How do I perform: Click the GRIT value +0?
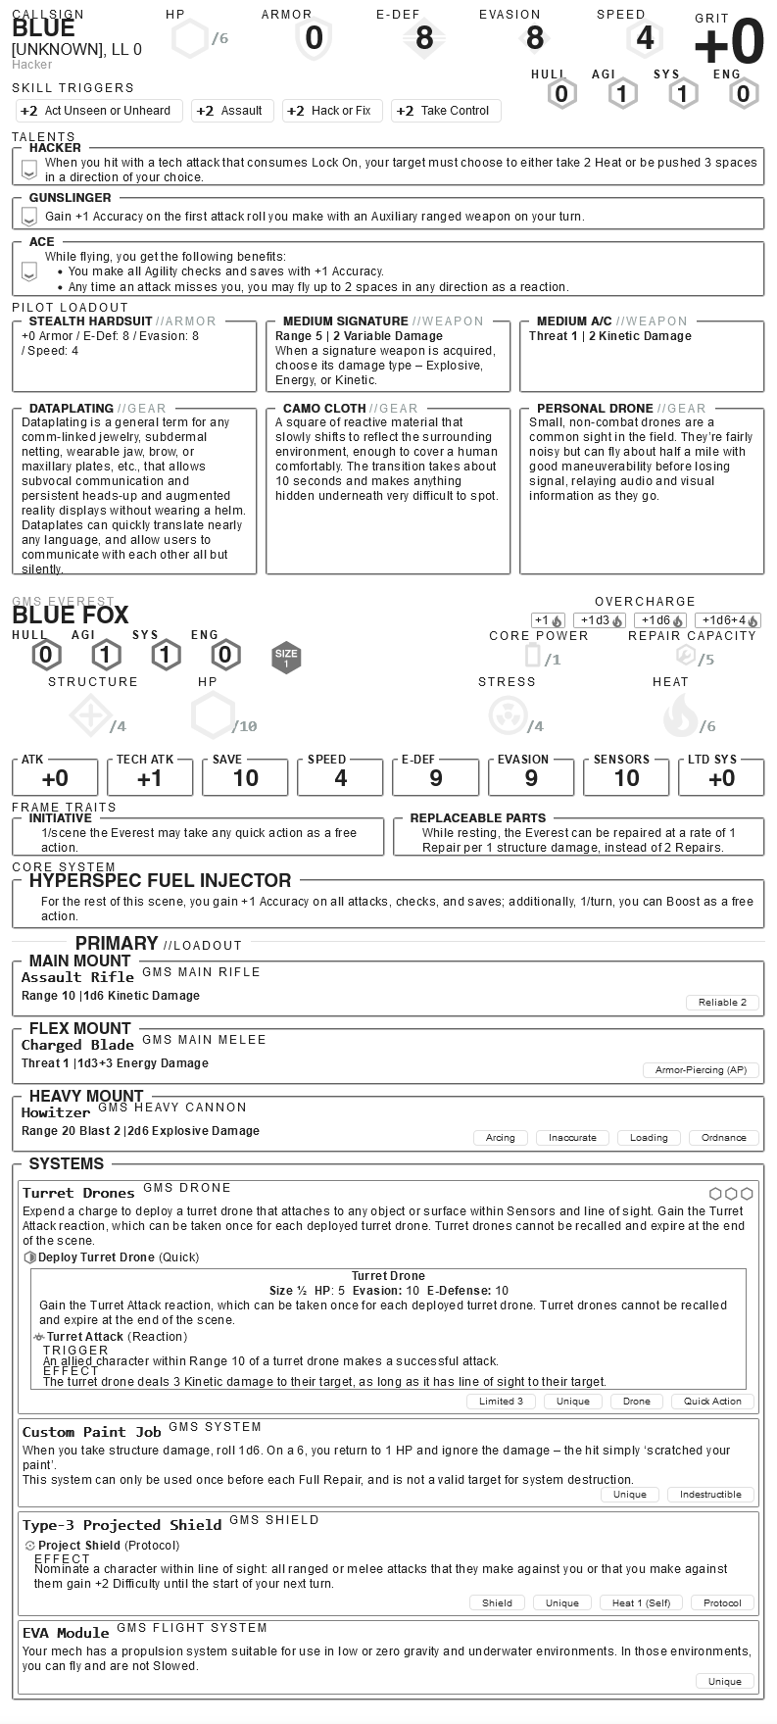pos(728,44)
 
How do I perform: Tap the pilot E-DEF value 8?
pos(424,38)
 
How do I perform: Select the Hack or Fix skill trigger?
pos(330,111)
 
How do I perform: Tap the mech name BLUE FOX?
pos(71,616)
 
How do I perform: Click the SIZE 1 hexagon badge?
pos(286,658)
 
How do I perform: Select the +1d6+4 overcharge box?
pos(728,620)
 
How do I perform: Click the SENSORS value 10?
pos(626,778)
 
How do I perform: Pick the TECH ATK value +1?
pos(149,778)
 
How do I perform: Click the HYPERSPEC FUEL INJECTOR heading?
pos(160,880)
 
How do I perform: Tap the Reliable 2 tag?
pos(722,1002)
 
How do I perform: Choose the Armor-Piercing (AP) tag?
pos(701,1069)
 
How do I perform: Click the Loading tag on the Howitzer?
pos(649,1137)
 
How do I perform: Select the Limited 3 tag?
pos(501,1401)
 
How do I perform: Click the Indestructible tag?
pos(710,1494)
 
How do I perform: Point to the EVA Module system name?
pos(66,1632)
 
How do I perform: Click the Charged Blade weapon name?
pos(77,1045)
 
